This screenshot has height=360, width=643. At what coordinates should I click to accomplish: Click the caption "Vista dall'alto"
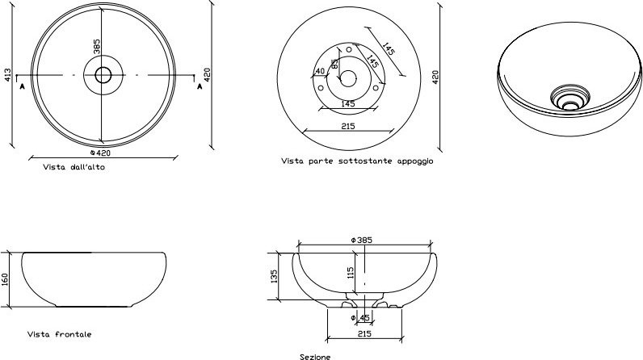tap(74, 167)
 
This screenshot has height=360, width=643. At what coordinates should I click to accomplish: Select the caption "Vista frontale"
tap(60, 334)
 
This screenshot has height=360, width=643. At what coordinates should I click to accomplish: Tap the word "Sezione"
tap(315, 357)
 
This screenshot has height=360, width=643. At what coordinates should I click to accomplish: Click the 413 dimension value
tap(8, 75)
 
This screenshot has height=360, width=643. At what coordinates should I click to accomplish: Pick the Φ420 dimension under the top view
tap(100, 153)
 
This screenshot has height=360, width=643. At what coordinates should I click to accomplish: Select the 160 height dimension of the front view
tap(5, 280)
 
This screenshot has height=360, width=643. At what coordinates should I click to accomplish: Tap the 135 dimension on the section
tap(274, 276)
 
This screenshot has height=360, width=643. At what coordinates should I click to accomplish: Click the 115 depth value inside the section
tap(351, 273)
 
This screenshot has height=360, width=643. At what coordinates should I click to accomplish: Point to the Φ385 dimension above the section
tap(362, 240)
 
